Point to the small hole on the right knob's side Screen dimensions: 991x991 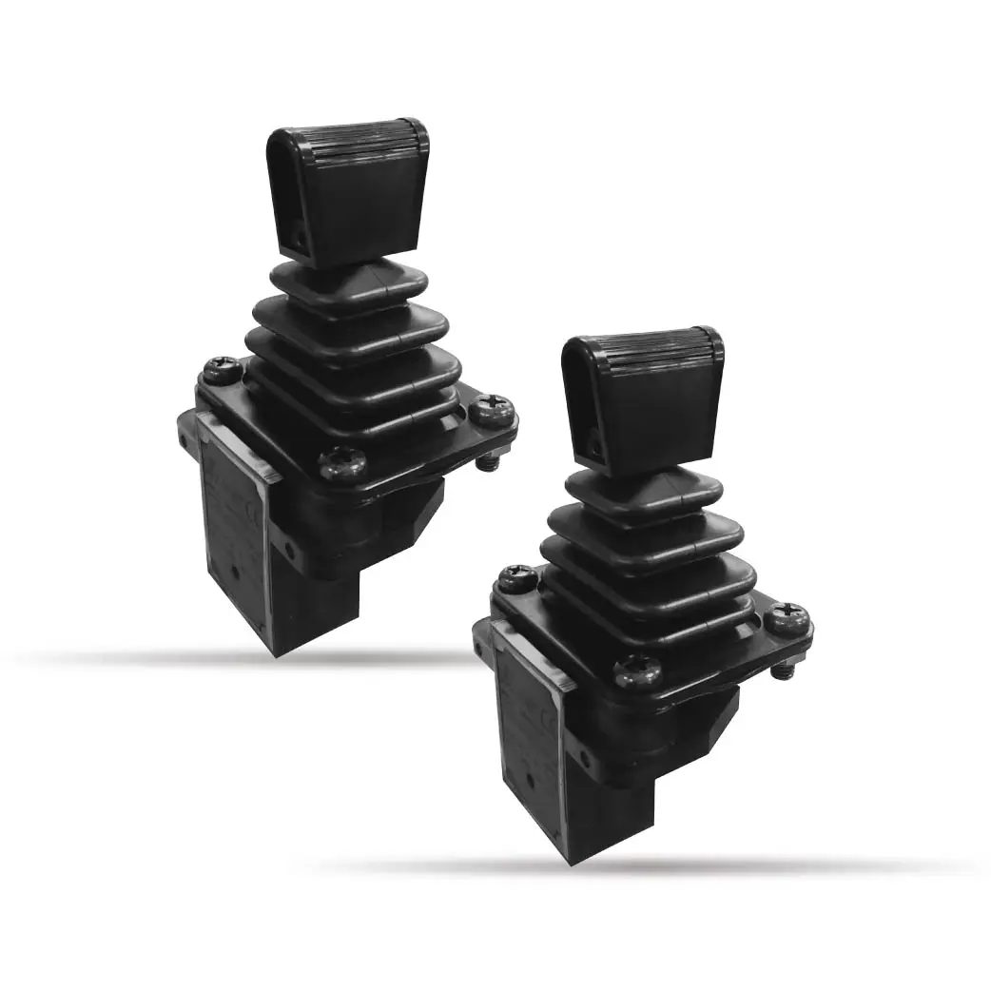pos(593,440)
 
